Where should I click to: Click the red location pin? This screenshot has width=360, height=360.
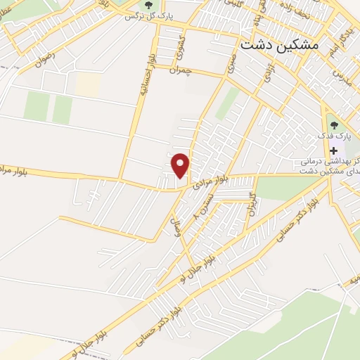click(181, 165)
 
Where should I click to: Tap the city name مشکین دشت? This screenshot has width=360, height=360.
click(279, 44)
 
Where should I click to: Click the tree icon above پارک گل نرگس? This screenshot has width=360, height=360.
click(149, 5)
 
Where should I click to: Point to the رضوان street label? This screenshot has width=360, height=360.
click(42, 60)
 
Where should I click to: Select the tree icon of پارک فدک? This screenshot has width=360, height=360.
click(333, 124)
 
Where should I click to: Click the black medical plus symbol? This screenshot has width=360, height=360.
click(333, 150)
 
